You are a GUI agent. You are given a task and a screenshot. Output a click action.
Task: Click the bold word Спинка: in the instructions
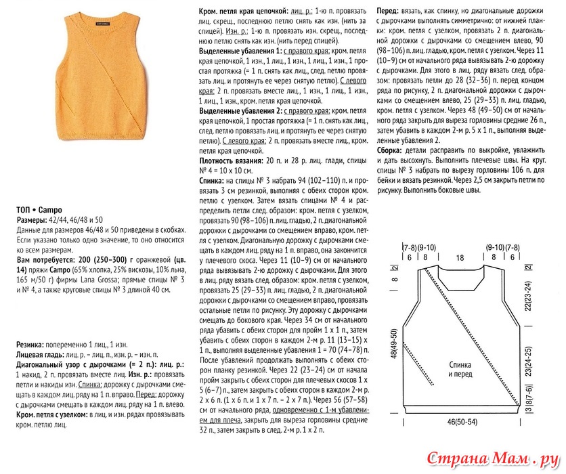click(x=213, y=182)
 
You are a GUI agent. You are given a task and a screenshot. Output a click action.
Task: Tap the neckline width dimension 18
click(x=460, y=257)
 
